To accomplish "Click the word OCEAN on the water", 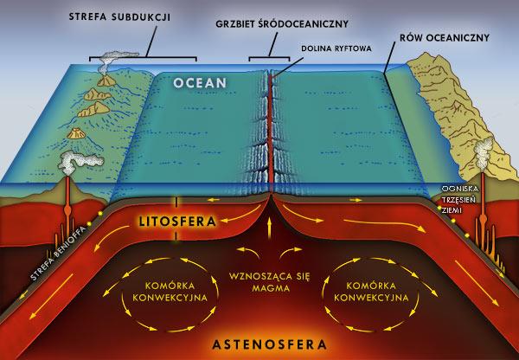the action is click(200, 83).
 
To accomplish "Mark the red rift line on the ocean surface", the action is click(270, 130).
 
